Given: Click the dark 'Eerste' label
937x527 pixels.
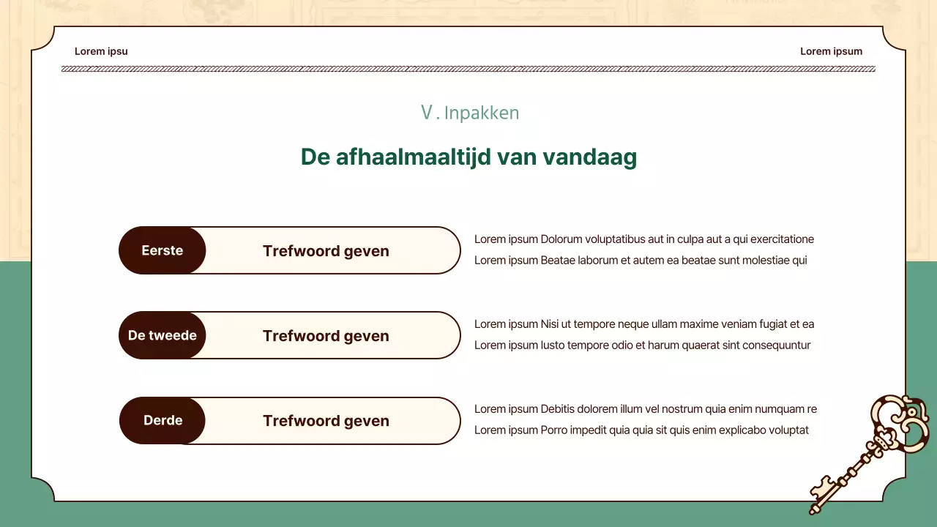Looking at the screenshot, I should (x=163, y=250).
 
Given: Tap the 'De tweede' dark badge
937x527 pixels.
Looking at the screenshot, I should (x=163, y=335).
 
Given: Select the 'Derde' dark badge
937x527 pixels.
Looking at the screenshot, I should (x=163, y=420).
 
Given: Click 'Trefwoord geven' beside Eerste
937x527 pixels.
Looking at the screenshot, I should (x=326, y=251).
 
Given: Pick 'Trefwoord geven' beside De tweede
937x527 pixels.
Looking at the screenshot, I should (x=326, y=336).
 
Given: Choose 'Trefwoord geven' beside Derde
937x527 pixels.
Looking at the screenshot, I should (x=326, y=421).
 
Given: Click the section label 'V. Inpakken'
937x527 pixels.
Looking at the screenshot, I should (x=469, y=113).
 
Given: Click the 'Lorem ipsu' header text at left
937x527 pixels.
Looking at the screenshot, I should (x=101, y=51).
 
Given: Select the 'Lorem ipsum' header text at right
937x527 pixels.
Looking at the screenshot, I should (x=831, y=51).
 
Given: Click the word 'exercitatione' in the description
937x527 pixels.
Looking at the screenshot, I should (x=783, y=239).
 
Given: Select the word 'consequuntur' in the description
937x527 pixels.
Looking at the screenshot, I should (x=777, y=345).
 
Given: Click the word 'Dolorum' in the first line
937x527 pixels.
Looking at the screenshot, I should (x=561, y=239).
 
